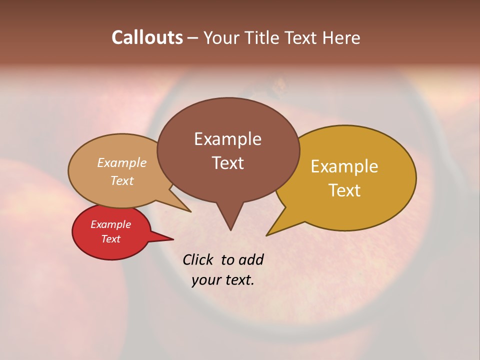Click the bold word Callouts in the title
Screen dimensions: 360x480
tap(147, 37)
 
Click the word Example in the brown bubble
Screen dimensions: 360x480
tap(227, 139)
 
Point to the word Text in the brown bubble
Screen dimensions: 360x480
tap(227, 163)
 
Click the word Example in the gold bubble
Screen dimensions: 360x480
tap(344, 166)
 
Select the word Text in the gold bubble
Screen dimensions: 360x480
tap(344, 190)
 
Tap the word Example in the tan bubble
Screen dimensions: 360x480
tap(121, 163)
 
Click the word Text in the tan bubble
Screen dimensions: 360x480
tap(121, 180)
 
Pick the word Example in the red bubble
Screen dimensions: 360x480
tap(110, 224)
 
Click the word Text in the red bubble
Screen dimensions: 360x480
tap(110, 239)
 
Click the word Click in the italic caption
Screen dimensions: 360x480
tap(198, 259)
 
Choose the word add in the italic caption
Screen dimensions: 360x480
tap(251, 259)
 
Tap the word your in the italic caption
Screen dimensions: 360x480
tap(205, 279)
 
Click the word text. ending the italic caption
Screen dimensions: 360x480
tap(239, 279)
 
